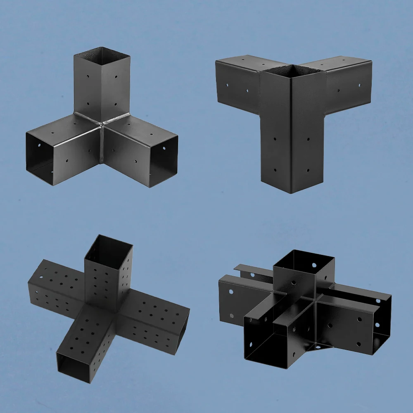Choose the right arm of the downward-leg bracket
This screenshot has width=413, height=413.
(347, 83)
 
